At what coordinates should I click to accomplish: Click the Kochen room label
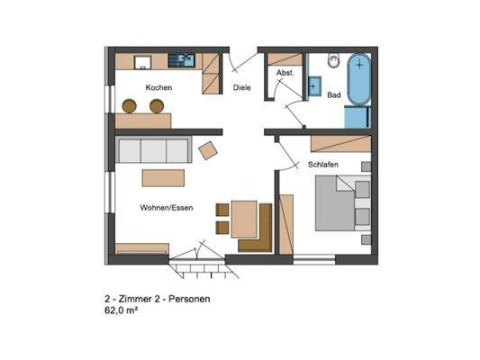(158, 87)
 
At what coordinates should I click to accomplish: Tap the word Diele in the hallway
(241, 87)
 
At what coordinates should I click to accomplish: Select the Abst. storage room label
(284, 73)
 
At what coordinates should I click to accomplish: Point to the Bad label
(333, 94)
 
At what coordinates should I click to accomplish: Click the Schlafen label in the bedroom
(322, 166)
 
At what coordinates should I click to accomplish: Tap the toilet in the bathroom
(333, 62)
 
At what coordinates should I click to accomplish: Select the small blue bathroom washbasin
(314, 87)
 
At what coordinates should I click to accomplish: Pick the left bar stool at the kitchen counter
(130, 106)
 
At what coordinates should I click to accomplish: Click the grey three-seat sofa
(151, 150)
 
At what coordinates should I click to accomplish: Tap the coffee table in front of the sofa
(162, 176)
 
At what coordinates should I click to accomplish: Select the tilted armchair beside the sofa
(208, 150)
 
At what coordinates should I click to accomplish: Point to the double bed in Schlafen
(340, 202)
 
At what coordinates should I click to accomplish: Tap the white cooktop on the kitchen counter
(142, 61)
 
